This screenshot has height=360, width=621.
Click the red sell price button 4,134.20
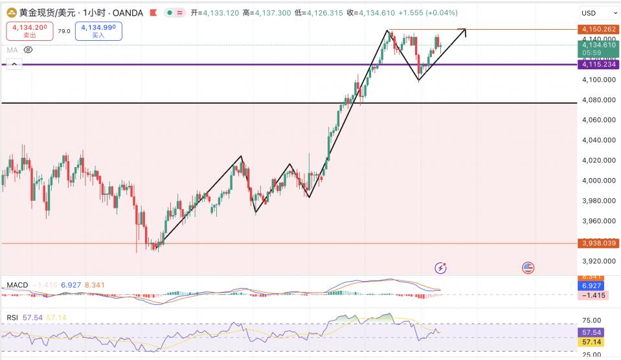click(28, 30)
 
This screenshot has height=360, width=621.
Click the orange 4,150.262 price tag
click(598, 30)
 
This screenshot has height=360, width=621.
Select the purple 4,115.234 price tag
click(598, 64)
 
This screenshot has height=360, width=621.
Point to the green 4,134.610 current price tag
click(598, 45)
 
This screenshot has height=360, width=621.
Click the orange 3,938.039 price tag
click(598, 243)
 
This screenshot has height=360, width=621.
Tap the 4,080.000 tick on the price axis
click(598, 100)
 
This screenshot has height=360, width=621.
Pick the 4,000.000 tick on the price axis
click(598, 180)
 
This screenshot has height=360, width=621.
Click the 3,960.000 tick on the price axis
click(598, 221)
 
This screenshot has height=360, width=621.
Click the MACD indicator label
click(17, 285)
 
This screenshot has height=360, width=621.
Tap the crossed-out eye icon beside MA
click(28, 49)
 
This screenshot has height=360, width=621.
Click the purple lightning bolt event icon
click(440, 267)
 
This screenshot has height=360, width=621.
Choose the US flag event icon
click(528, 267)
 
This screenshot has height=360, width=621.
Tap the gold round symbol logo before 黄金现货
click(10, 12)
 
